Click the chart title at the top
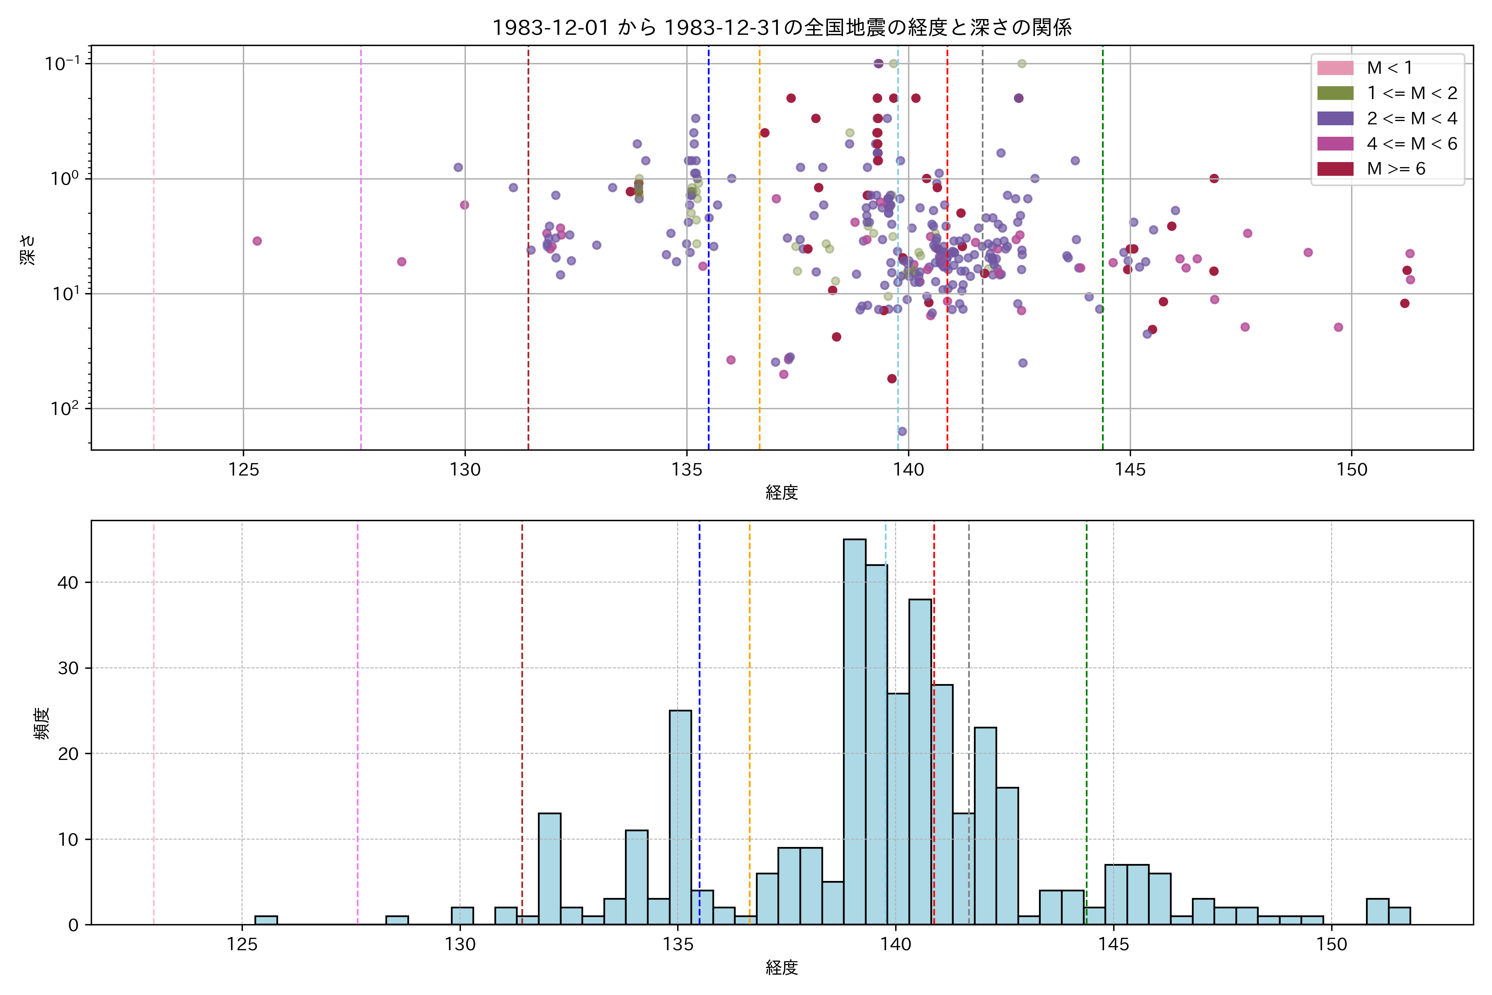pyautogui.click(x=782, y=27)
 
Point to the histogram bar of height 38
pyautogui.click(x=920, y=762)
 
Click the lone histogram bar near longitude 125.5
pyautogui.click(x=266, y=920)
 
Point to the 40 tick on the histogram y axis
pyautogui.click(x=68, y=582)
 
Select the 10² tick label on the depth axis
pyautogui.click(x=65, y=408)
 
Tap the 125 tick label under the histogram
pyautogui.click(x=242, y=945)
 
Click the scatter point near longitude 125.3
pyautogui.click(x=257, y=241)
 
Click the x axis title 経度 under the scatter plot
pyautogui.click(x=782, y=493)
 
